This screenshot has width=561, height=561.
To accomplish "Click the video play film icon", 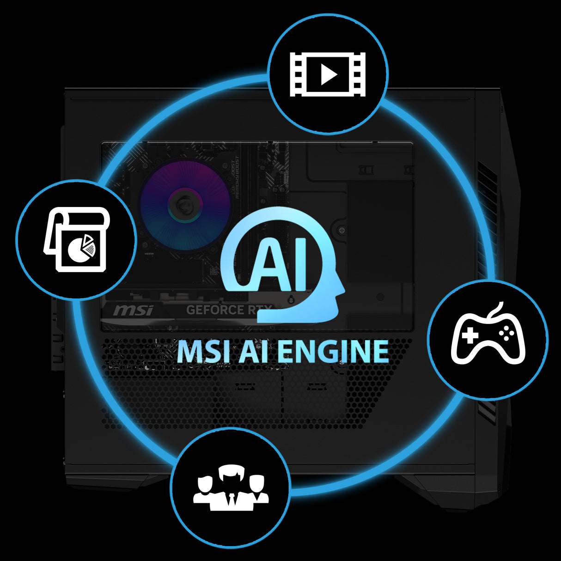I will pyautogui.click(x=328, y=74).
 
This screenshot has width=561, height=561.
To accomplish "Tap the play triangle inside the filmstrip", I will pyautogui.click(x=329, y=74).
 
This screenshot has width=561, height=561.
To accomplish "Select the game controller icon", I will pyautogui.click(x=488, y=337).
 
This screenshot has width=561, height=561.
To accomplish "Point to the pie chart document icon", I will pyautogui.click(x=77, y=240).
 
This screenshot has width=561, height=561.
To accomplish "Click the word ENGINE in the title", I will pyautogui.click(x=335, y=352).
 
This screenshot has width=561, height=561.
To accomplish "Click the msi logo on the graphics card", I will pyautogui.click(x=133, y=310).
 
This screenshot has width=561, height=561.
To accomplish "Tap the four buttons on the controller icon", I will pyautogui.click(x=506, y=334).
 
